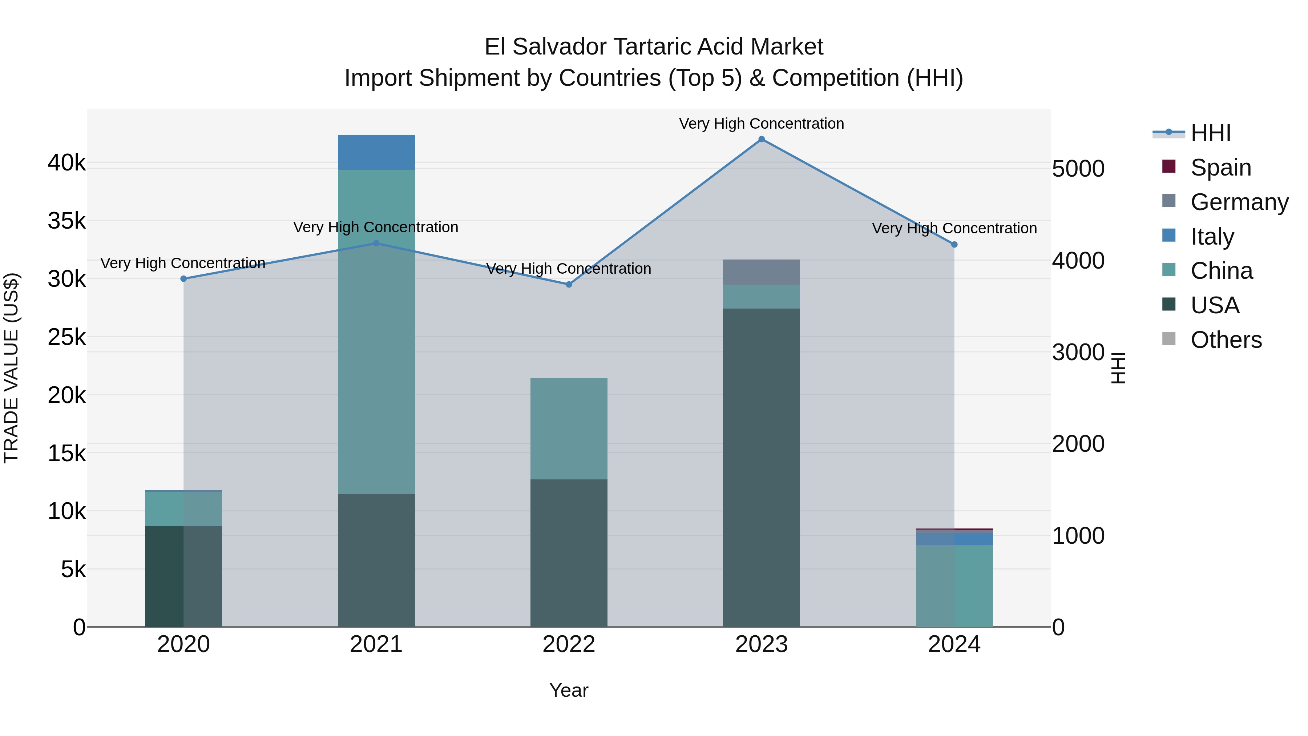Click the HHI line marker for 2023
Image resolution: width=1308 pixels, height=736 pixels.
[761, 139]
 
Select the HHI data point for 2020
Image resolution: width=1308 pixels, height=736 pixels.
[184, 279]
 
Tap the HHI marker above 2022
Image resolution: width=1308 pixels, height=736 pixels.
[569, 285]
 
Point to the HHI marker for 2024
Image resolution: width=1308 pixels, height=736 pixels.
[954, 244]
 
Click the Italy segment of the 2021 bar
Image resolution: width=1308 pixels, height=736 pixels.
[376, 152]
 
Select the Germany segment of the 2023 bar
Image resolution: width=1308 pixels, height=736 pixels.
[761, 272]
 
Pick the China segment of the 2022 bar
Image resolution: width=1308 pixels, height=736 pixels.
[569, 428]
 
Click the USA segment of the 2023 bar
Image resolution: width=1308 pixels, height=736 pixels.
[761, 467]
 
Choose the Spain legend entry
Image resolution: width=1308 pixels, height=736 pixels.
[1221, 168]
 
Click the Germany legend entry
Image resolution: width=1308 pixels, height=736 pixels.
[1239, 202]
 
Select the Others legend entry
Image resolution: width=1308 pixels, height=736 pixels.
[1226, 340]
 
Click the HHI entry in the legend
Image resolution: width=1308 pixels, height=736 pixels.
[1211, 133]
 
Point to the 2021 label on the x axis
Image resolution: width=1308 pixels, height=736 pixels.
[376, 644]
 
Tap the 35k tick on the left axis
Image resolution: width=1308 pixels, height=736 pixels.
[66, 221]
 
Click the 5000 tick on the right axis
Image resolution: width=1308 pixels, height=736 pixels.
[1078, 169]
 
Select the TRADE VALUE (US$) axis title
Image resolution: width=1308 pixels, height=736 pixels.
[11, 368]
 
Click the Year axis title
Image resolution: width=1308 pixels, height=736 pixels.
[569, 690]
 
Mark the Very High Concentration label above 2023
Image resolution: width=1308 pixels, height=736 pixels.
[761, 124]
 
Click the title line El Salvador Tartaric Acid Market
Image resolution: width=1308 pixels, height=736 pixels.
[654, 47]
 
